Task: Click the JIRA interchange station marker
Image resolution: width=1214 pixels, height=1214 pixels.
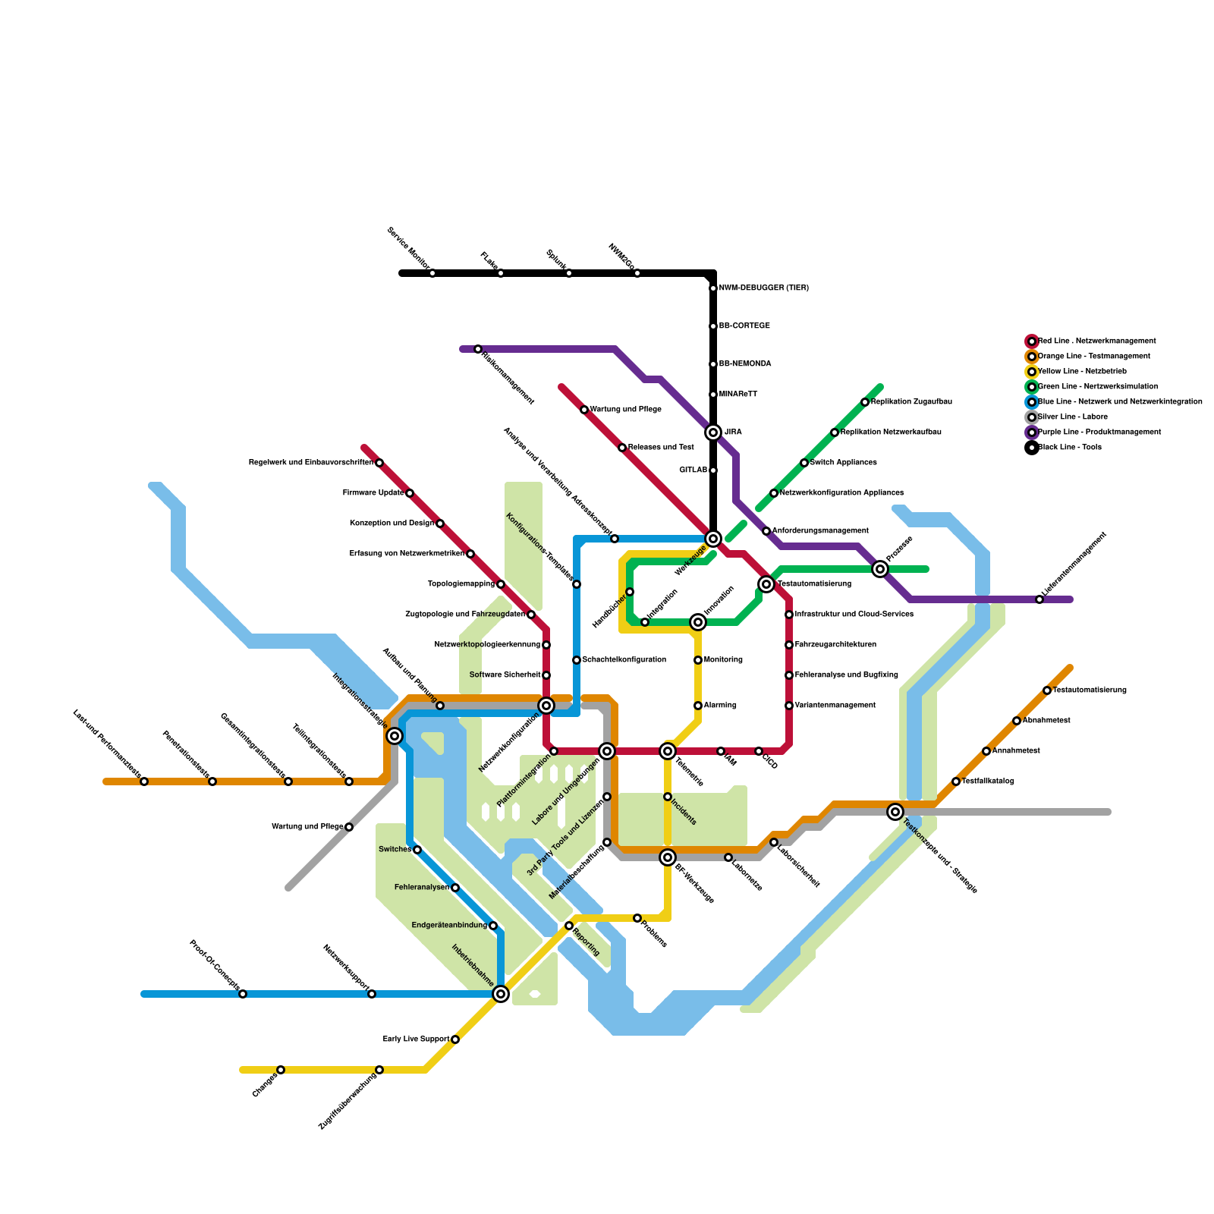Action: click(713, 432)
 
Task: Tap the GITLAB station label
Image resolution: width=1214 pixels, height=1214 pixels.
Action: click(693, 470)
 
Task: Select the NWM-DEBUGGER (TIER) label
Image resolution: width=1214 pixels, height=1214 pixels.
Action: click(763, 288)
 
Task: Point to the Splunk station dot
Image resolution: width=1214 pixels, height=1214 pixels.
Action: click(569, 273)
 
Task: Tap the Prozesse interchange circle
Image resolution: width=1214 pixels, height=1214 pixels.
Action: click(880, 569)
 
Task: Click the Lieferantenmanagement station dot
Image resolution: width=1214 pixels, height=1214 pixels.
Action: click(1039, 599)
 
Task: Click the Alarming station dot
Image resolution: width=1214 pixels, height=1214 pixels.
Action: click(698, 706)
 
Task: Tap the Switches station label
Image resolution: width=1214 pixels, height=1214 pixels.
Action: click(395, 850)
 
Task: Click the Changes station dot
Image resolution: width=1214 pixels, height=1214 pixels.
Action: click(281, 1070)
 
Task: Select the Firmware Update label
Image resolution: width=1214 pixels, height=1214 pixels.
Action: click(373, 493)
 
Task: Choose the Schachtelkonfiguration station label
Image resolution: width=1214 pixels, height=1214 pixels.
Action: click(624, 660)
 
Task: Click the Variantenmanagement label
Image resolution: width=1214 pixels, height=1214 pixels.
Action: click(835, 706)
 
